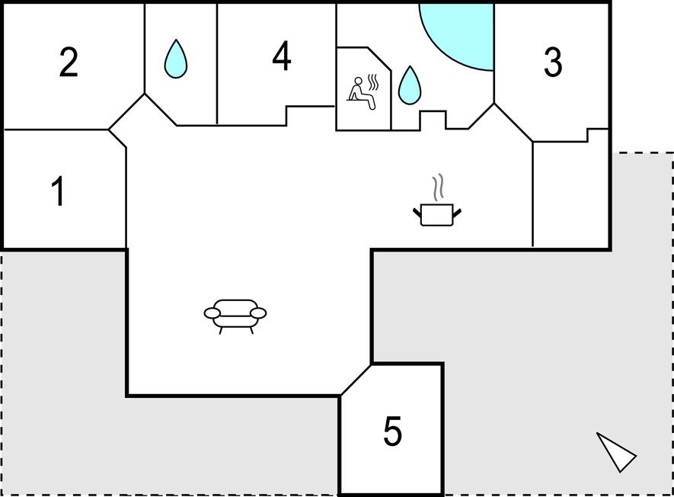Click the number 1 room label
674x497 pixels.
[58, 191]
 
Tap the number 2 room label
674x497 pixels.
[69, 63]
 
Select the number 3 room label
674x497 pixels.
[553, 63]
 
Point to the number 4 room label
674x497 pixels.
[282, 56]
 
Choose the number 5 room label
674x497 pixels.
[392, 431]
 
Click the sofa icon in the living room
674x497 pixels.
[235, 316]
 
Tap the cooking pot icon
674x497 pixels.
[437, 214]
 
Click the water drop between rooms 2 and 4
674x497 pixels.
[176, 59]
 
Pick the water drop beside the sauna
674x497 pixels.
[409, 85]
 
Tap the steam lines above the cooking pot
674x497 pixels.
[438, 188]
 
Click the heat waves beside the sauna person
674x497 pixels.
[373, 82]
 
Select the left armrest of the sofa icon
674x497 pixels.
[212, 313]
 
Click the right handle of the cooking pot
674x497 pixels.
[457, 213]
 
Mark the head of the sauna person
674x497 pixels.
[358, 80]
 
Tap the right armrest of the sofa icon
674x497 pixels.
[258, 313]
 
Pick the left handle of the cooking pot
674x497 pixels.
[417, 213]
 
